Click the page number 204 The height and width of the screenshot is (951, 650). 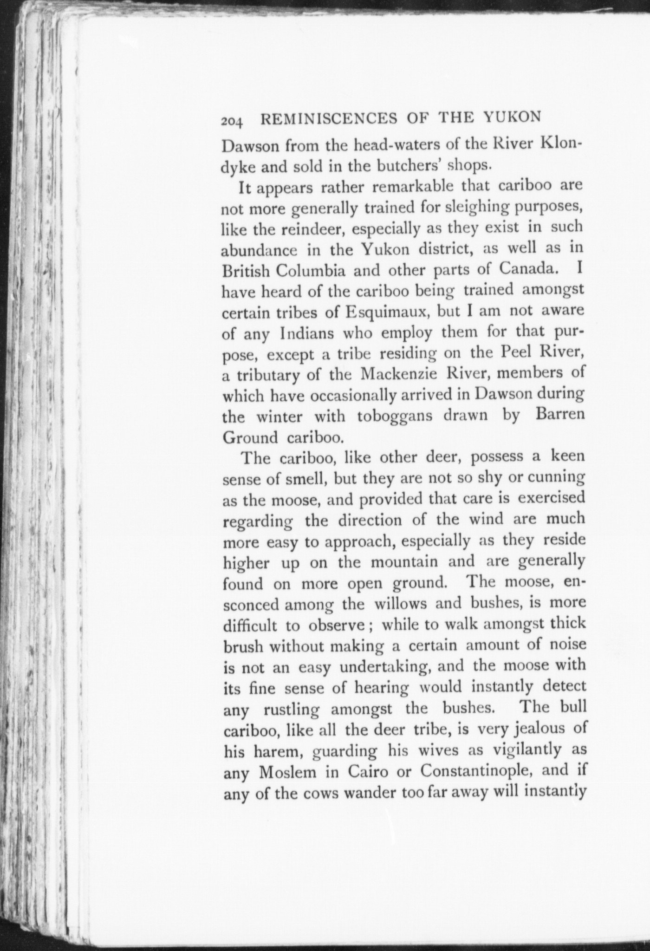(232, 121)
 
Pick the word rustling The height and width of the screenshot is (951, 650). (292, 710)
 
